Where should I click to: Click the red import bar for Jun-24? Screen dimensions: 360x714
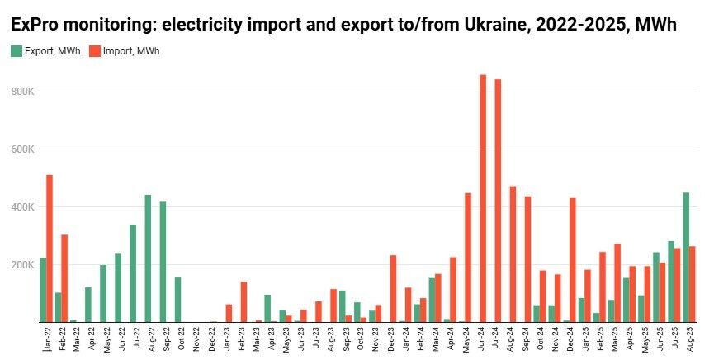[483, 198]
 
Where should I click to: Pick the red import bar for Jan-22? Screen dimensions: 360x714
[50, 248]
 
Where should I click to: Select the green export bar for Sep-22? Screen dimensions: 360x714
[163, 262]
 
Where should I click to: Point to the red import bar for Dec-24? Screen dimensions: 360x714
[573, 260]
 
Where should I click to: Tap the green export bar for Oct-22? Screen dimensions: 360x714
[177, 300]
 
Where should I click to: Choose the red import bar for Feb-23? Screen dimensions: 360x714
[244, 301]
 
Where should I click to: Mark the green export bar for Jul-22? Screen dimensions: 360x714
[133, 272]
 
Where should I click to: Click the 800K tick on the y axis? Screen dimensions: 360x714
[22, 92]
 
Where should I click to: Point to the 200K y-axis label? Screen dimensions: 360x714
[22, 265]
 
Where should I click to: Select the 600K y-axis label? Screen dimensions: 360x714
[22, 149]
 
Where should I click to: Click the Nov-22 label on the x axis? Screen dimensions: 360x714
[196, 339]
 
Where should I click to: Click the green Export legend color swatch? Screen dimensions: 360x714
[17, 51]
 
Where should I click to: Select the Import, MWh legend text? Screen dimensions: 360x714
[130, 51]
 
